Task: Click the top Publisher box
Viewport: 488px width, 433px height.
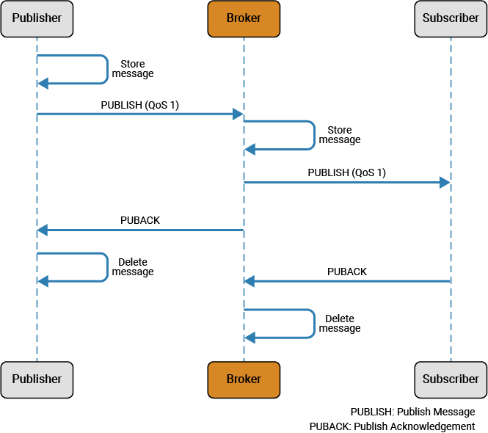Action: (x=37, y=18)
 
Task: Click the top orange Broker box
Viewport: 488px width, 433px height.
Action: (x=244, y=18)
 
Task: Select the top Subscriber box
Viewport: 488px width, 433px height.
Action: (x=451, y=18)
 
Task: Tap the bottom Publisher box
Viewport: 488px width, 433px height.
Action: (x=37, y=379)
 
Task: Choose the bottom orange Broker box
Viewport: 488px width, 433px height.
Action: (x=244, y=379)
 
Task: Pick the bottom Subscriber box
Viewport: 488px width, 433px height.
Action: (x=451, y=379)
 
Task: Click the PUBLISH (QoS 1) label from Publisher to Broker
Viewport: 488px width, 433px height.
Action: (x=139, y=105)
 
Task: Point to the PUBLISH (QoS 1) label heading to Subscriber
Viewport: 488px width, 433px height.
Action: (x=346, y=173)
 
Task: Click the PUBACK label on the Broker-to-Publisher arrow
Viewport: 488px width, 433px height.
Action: (x=139, y=220)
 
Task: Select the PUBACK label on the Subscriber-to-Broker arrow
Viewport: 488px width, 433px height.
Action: (x=346, y=272)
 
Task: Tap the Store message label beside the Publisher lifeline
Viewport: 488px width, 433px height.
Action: (x=133, y=69)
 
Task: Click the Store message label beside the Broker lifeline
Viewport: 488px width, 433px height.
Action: (x=340, y=135)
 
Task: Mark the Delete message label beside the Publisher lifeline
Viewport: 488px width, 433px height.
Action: (x=133, y=267)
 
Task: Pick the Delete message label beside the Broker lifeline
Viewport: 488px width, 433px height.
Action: (x=340, y=324)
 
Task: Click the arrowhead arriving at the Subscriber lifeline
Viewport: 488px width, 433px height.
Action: (x=445, y=182)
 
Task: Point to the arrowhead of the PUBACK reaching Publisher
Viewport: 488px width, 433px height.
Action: (x=43, y=230)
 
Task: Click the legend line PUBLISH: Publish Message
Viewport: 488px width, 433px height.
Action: (x=412, y=412)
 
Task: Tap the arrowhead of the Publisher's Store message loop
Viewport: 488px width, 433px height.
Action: (x=43, y=84)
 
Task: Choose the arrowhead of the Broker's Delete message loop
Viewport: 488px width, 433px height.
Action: (x=250, y=338)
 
